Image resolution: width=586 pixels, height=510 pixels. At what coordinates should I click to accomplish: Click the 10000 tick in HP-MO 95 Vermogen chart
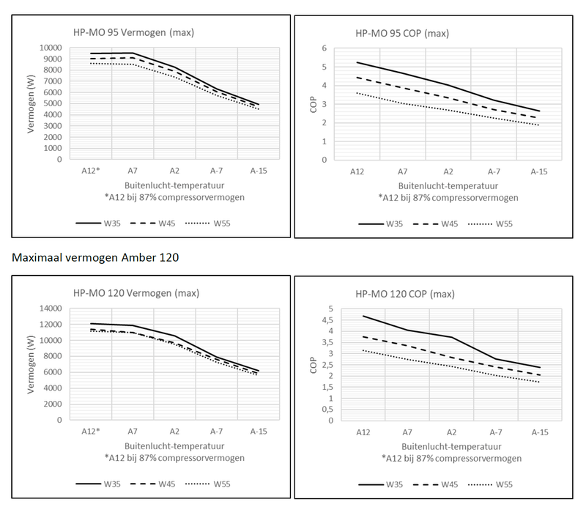coord(48,48)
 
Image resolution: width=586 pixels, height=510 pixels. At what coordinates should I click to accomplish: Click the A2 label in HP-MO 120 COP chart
coord(451,432)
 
